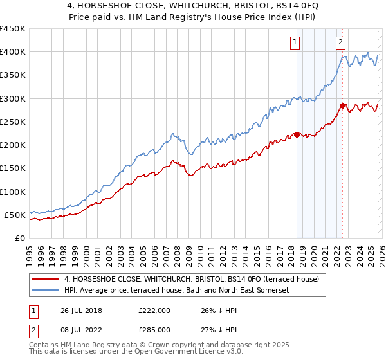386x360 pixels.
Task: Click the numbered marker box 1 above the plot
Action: (x=295, y=43)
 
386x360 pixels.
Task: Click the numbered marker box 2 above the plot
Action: (x=340, y=43)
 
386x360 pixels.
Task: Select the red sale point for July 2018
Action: (x=297, y=134)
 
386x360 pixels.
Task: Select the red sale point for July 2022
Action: (x=342, y=105)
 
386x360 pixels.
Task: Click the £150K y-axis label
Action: (x=13, y=168)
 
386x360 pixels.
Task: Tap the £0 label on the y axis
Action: (x=19, y=239)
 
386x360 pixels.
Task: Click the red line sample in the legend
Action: (x=46, y=280)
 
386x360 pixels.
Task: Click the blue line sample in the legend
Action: (x=46, y=291)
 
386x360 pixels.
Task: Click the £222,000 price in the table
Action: (x=154, y=310)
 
